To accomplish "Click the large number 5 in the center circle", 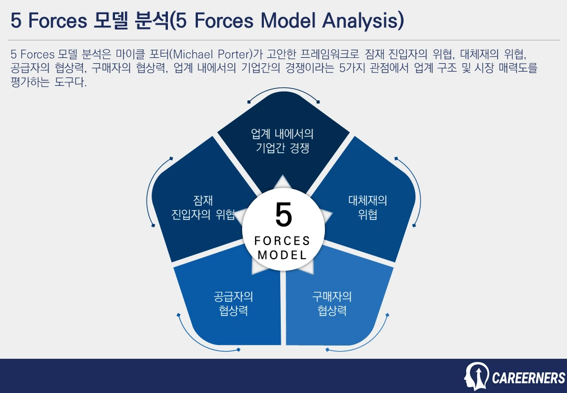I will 283,215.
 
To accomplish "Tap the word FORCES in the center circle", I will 282,241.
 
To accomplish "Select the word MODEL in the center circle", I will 282,255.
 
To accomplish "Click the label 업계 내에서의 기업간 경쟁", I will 282,141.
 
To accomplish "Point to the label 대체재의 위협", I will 367,207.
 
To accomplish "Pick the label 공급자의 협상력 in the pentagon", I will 233,304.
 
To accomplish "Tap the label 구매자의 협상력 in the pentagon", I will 332,304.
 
